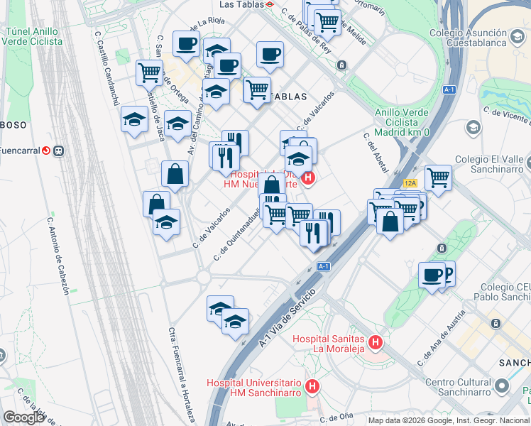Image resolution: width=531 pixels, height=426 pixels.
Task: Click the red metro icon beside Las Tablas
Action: click(x=270, y=4)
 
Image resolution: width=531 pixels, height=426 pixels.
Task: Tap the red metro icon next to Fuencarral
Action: click(x=46, y=151)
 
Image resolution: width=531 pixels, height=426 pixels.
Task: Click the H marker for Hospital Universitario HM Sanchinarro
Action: click(x=312, y=388)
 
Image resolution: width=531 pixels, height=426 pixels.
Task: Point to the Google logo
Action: click(x=23, y=417)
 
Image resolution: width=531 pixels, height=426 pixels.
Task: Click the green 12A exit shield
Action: click(x=410, y=183)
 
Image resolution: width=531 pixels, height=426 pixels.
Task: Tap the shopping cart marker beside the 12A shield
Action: click(x=438, y=177)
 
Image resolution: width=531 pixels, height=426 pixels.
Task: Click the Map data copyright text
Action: click(x=449, y=420)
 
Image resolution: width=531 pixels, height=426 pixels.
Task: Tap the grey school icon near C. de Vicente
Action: click(x=473, y=127)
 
